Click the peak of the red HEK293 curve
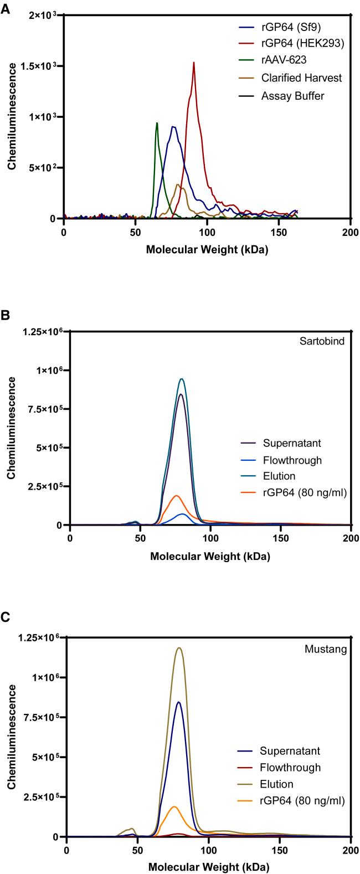point(194,63)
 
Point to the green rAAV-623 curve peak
point(157,123)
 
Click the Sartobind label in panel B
point(327,341)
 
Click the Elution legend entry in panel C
point(275,784)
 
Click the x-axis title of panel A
point(207,249)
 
